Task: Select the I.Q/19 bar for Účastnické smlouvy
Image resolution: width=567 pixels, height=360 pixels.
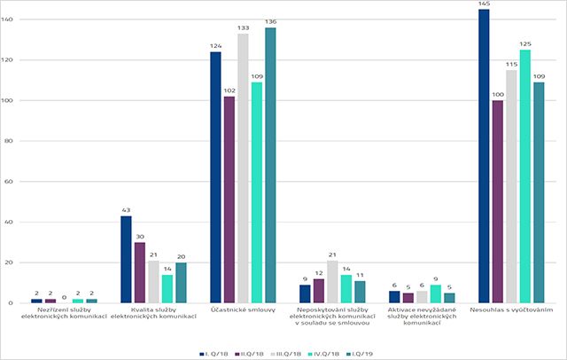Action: tap(270, 165)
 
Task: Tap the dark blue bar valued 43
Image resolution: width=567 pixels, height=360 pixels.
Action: tap(126, 259)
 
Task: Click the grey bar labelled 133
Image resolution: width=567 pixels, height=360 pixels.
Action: tap(243, 168)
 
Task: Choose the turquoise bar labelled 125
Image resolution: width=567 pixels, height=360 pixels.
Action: tap(526, 176)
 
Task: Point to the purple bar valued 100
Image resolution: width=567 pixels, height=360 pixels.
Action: tap(498, 201)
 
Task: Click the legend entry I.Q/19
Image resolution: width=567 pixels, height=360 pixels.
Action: tap(360, 352)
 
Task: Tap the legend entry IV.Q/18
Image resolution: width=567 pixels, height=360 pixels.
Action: tap(324, 352)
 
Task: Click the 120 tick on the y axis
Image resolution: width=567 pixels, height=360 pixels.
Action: tap(12, 60)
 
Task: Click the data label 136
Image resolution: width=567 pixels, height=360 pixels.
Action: tap(270, 21)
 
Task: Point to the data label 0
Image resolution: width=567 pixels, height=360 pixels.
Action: tap(64, 298)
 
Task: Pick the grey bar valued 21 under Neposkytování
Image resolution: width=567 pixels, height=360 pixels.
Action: tap(332, 282)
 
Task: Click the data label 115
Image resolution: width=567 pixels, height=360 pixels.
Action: tap(512, 64)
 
